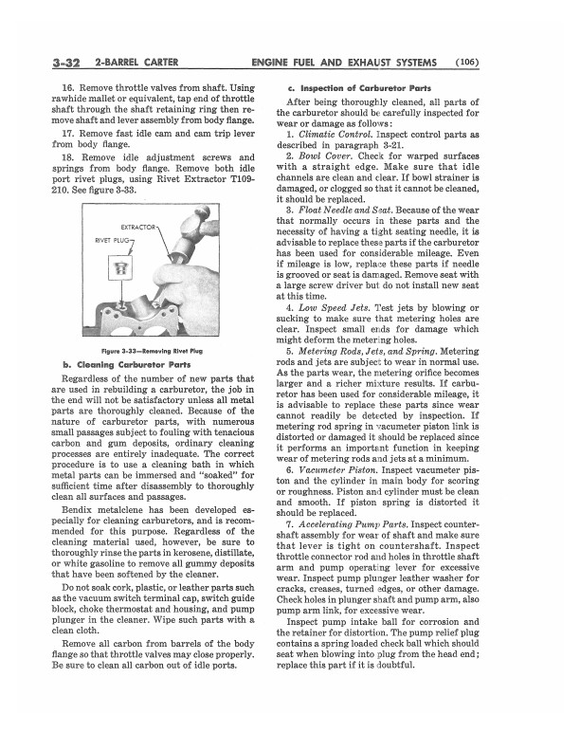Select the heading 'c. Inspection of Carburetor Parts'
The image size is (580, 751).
pyautogui.click(x=361, y=87)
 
